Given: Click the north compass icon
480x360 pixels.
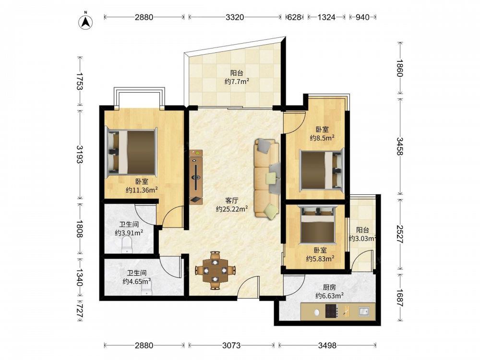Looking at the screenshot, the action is click(86, 22).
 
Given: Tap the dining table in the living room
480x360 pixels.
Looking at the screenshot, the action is click(216, 270).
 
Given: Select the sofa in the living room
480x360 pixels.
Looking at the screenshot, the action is click(266, 179).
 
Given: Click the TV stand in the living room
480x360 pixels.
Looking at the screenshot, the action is click(196, 177).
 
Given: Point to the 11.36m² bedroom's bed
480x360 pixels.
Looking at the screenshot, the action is click(131, 153).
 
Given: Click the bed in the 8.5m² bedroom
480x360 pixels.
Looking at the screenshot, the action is click(322, 169).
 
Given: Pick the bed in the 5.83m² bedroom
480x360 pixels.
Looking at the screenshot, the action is click(318, 224).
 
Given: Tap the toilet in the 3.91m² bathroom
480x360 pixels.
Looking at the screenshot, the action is click(127, 246).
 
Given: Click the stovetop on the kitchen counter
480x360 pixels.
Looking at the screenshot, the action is click(331, 311).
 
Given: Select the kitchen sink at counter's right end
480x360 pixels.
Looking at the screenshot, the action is click(364, 312).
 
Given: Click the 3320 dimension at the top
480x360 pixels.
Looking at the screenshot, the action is click(235, 17).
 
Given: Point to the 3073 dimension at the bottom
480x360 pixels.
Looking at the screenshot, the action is click(231, 346).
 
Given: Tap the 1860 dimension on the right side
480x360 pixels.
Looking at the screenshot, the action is click(400, 68).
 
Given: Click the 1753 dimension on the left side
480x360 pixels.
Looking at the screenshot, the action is click(80, 82).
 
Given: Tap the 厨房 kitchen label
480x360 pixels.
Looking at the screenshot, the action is click(329, 287).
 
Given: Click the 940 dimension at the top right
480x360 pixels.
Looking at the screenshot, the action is click(362, 17).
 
